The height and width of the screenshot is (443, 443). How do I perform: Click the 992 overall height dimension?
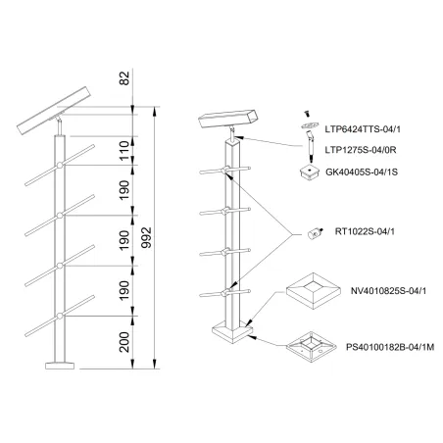tap(148, 237)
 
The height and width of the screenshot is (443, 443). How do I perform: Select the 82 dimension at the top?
tap(124, 77)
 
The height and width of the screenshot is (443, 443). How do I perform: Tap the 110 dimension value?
tap(124, 151)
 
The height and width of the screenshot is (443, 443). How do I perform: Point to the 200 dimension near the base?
tap(124, 342)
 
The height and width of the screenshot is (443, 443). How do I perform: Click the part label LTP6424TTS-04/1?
tap(363, 129)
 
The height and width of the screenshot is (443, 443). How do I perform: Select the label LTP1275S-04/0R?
tap(361, 150)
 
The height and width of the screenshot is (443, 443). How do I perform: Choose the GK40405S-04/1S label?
tap(362, 172)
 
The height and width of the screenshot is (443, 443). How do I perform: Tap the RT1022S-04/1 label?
tap(365, 231)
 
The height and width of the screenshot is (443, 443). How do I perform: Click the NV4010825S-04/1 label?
tap(388, 291)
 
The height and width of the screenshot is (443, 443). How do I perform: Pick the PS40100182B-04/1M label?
tap(390, 347)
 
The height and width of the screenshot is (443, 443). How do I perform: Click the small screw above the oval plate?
tap(307, 114)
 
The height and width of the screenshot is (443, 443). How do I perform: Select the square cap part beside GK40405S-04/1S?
tap(310, 172)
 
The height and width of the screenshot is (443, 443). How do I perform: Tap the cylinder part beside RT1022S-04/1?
tap(315, 234)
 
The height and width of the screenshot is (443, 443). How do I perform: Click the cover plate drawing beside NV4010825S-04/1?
tap(314, 292)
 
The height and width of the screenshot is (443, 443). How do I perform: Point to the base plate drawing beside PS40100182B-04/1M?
tap(312, 348)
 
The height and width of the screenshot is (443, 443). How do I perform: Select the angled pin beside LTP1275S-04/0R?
tap(310, 146)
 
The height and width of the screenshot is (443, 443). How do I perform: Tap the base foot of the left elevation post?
tap(60, 366)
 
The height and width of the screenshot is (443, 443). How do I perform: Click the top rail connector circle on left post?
tap(60, 166)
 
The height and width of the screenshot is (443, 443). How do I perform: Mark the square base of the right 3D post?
tap(232, 332)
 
